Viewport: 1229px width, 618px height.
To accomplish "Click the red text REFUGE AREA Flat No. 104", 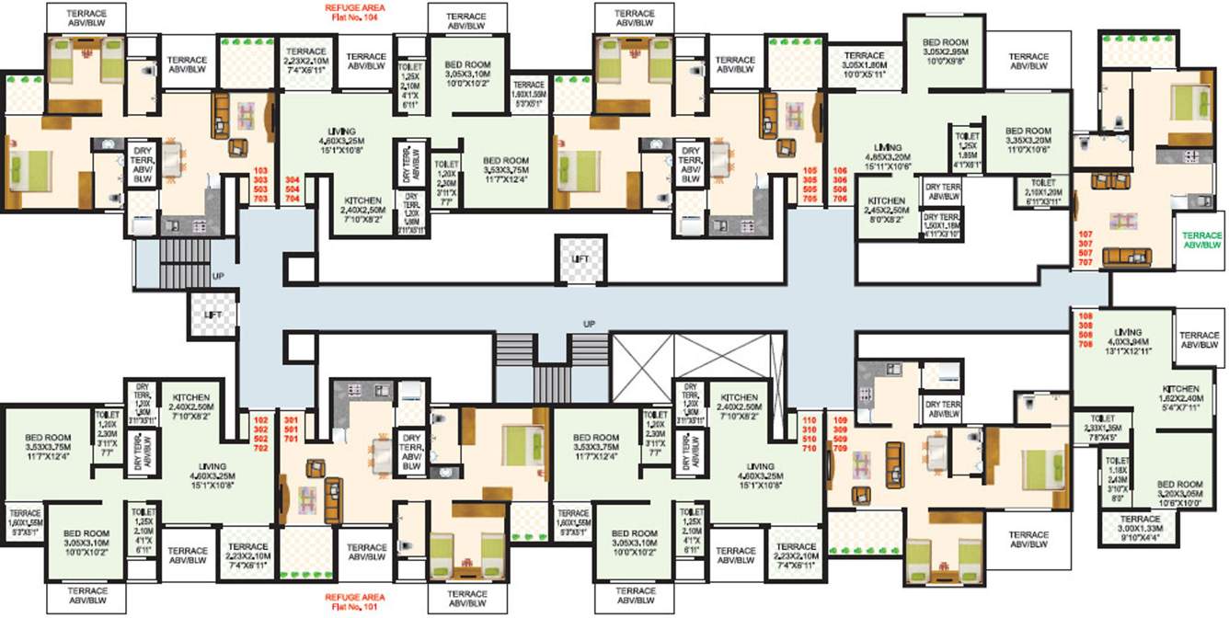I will click(x=354, y=12).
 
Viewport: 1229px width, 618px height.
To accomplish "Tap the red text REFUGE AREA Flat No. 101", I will click(x=354, y=602).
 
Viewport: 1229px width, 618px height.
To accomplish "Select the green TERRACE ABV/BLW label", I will click(x=1201, y=240).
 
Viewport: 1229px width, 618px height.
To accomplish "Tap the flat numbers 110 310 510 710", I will click(x=810, y=435).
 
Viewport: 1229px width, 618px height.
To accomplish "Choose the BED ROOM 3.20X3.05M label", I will click(x=1179, y=494).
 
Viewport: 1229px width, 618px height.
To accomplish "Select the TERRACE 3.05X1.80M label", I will click(x=864, y=65).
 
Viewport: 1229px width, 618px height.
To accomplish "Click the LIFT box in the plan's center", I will click(x=580, y=259).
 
